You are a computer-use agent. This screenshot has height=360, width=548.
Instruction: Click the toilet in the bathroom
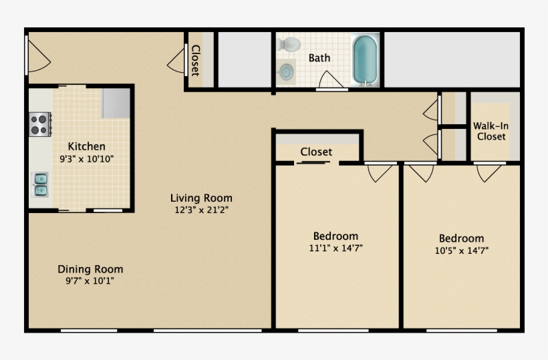click(x=289, y=44)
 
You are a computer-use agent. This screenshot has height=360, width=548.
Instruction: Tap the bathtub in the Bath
click(x=365, y=59)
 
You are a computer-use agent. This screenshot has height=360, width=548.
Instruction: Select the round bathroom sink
click(x=287, y=71)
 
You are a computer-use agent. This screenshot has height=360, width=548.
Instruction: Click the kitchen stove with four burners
click(x=40, y=124)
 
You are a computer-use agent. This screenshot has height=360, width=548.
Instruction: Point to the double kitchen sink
click(x=40, y=185)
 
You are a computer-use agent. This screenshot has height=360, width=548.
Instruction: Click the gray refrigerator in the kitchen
click(x=116, y=103)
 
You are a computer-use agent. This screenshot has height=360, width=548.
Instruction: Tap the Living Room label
click(x=201, y=198)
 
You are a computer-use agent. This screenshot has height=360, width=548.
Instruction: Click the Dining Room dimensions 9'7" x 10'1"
click(x=90, y=281)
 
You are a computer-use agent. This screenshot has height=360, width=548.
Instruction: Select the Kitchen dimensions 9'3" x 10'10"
click(x=87, y=159)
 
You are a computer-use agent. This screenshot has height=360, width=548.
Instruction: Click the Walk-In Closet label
click(x=491, y=131)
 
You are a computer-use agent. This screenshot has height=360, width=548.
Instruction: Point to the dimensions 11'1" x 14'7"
click(x=336, y=248)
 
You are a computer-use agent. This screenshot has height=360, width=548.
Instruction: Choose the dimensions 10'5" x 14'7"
click(x=462, y=250)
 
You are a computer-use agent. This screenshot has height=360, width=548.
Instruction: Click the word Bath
click(x=319, y=57)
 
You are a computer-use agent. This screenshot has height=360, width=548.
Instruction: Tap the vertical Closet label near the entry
click(x=196, y=60)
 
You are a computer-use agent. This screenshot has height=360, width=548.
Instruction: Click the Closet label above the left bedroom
click(x=316, y=152)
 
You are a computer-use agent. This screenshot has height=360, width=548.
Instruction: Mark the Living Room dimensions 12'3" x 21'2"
click(x=202, y=210)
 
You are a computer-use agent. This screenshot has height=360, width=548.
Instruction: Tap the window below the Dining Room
click(x=89, y=331)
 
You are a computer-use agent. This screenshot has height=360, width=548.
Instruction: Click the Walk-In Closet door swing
click(x=489, y=174)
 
